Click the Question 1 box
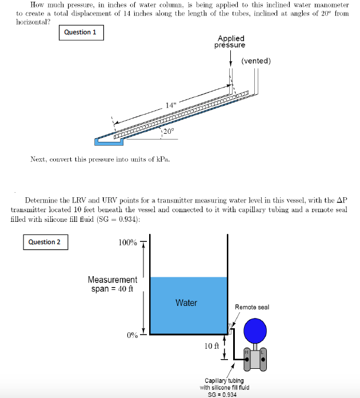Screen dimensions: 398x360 [80, 33]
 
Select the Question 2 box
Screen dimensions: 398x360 [45, 242]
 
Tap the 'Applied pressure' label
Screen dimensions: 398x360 [230, 42]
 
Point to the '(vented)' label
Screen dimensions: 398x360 [256, 61]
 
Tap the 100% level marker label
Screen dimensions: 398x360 [127, 242]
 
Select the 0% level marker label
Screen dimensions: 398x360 [132, 335]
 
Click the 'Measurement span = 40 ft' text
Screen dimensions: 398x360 [112, 284]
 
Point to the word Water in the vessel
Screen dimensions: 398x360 [186, 303]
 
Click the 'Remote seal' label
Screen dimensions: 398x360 [252, 307]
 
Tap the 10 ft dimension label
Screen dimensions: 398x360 [212, 346]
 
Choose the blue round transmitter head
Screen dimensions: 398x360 [255, 331]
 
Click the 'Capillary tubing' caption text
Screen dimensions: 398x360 [224, 380]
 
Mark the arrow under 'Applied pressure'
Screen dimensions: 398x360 [230, 55]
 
